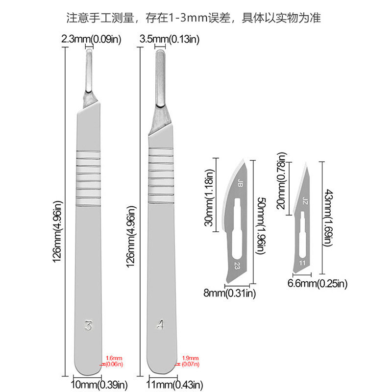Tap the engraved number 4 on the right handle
(161, 325)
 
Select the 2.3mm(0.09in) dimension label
(91, 38)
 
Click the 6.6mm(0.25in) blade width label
(317, 283)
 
